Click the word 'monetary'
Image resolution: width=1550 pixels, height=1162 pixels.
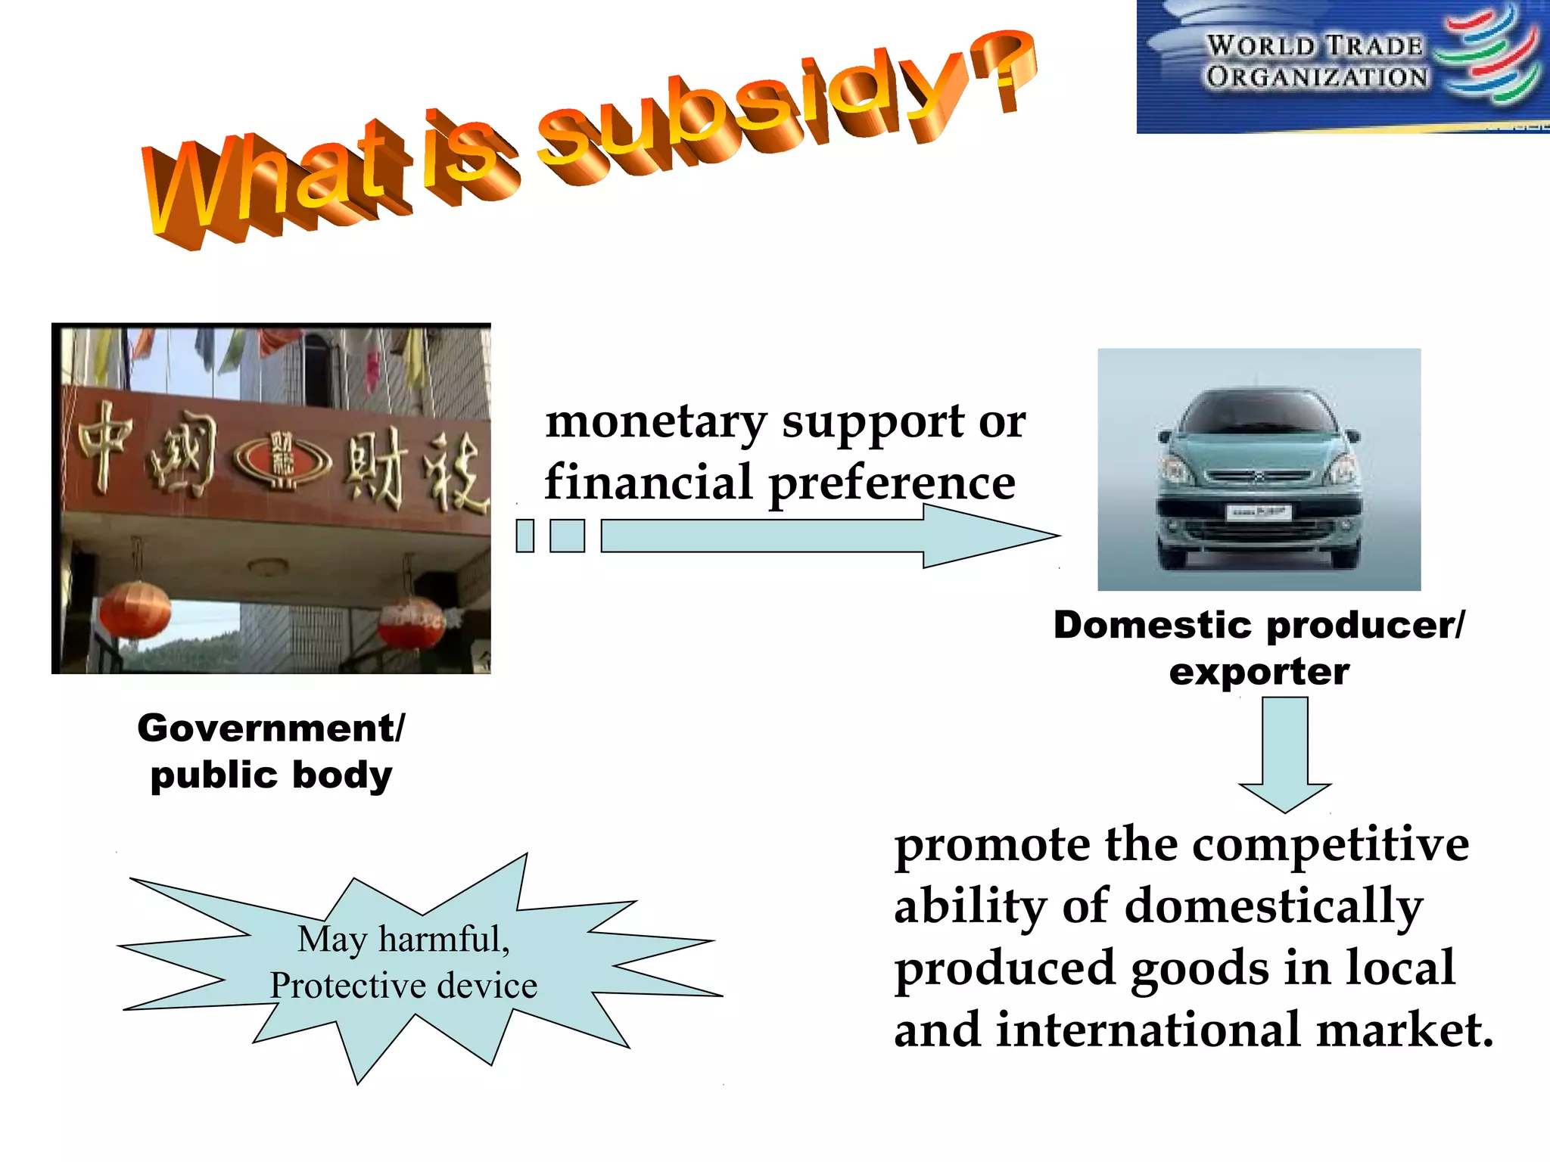656,421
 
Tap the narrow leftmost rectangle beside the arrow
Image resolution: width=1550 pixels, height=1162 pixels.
525,536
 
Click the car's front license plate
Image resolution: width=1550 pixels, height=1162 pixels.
1258,512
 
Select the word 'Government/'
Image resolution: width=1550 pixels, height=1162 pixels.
271,729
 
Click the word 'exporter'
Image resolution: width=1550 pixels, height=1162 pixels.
1259,672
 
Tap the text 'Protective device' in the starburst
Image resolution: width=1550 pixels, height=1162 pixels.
403,986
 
